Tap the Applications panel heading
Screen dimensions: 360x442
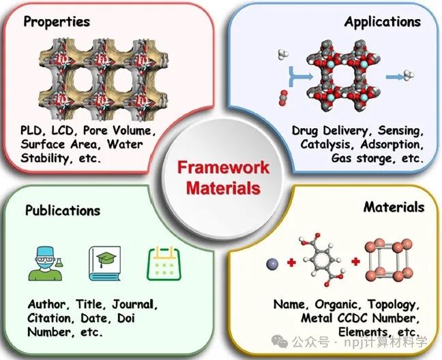(x=382, y=21)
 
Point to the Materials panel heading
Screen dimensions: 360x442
(x=394, y=207)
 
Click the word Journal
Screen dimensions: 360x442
(x=136, y=304)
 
